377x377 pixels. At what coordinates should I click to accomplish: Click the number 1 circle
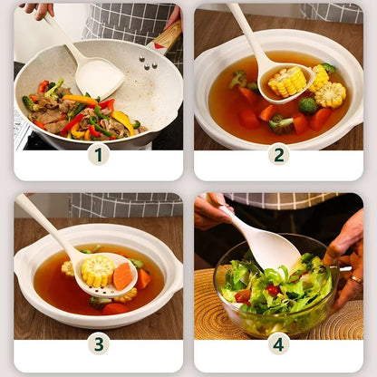pyautogui.click(x=98, y=154)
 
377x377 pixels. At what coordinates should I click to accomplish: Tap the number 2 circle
pyautogui.click(x=278, y=154)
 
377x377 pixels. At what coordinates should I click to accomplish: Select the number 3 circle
pyautogui.click(x=98, y=343)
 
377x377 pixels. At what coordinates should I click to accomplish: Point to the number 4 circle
pyautogui.click(x=278, y=343)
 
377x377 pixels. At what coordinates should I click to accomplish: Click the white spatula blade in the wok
pyautogui.click(x=99, y=78)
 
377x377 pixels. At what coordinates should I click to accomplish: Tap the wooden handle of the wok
pyautogui.click(x=167, y=37)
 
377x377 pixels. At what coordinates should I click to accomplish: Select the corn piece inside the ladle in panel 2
pyautogui.click(x=287, y=82)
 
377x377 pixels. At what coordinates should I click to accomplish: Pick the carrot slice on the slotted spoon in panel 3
pyautogui.click(x=122, y=275)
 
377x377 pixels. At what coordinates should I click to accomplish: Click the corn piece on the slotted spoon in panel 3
pyautogui.click(x=97, y=270)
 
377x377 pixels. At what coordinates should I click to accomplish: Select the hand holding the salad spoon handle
pyautogui.click(x=210, y=209)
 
